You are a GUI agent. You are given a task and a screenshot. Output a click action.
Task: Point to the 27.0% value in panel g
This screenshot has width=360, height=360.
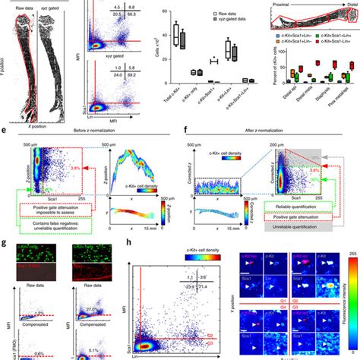(92, 289)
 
